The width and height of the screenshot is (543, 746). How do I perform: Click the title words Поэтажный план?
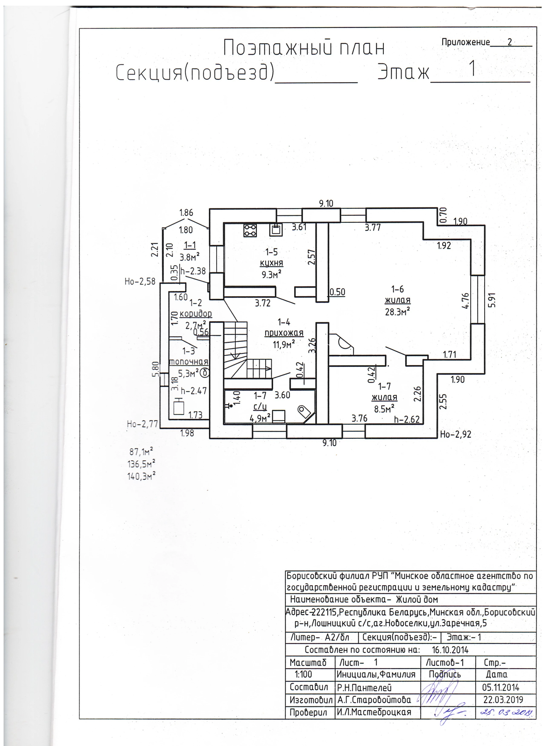[304, 48]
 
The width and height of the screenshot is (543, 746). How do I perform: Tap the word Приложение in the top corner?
[465, 42]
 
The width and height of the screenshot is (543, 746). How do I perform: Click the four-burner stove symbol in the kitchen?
[250, 230]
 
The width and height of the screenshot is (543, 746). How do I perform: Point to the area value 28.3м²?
[397, 311]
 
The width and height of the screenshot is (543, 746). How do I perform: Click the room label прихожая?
[284, 333]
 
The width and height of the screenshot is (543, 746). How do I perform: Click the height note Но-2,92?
[456, 435]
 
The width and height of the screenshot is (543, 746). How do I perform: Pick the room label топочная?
[188, 362]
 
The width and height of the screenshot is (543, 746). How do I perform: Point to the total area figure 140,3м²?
[141, 476]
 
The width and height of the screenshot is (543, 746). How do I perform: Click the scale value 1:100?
[303, 674]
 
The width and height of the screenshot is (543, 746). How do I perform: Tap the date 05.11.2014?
[501, 687]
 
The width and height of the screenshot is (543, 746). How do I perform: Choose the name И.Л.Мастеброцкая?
[374, 712]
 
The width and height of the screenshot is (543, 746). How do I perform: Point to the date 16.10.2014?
[450, 650]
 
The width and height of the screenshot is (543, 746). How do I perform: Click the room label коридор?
[196, 313]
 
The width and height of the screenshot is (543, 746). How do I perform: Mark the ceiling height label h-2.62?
[407, 419]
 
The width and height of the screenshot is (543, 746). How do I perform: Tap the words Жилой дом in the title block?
[417, 599]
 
